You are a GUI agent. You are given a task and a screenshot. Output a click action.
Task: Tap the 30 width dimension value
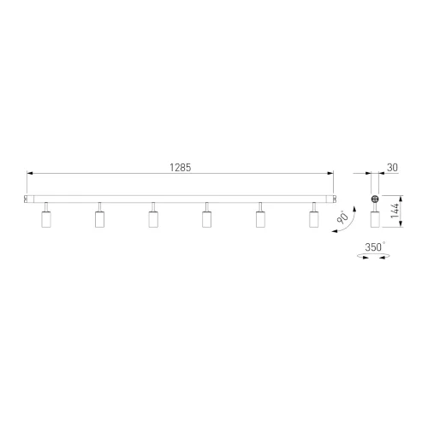pyautogui.click(x=391, y=168)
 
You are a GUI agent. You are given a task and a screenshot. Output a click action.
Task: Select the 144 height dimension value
pyautogui.click(x=395, y=212)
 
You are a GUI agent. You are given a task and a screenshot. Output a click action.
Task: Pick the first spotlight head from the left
pyautogui.click(x=45, y=220)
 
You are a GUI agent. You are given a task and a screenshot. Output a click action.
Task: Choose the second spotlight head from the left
pyautogui.click(x=99, y=220)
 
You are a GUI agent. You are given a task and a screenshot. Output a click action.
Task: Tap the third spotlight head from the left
pyautogui.click(x=152, y=220)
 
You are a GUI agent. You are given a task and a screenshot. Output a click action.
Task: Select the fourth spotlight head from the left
pyautogui.click(x=206, y=220)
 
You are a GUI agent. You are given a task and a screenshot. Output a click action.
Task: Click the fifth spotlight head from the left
pyautogui.click(x=259, y=220)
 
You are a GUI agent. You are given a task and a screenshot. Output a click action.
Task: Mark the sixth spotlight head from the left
pyautogui.click(x=313, y=220)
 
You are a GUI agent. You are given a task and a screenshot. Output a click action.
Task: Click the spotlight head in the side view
pyautogui.click(x=373, y=220)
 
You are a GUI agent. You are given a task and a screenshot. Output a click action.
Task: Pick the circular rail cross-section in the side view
pyautogui.click(x=373, y=199)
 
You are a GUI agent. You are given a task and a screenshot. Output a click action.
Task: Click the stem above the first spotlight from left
pyautogui.click(x=45, y=207)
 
